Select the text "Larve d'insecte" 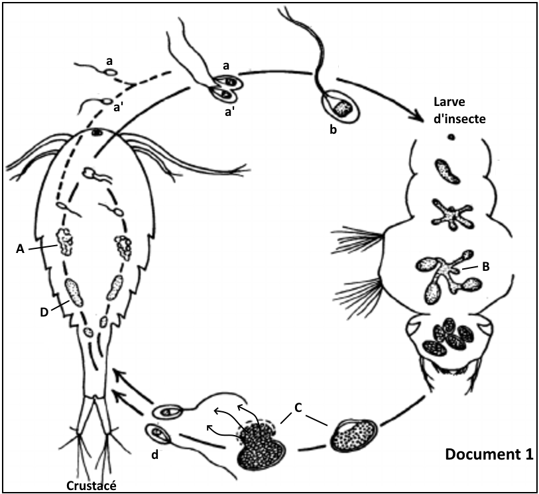[457, 110]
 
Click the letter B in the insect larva [485, 266]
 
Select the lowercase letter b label [333, 129]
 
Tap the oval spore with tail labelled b [342, 105]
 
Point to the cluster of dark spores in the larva [448, 336]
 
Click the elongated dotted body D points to [74, 292]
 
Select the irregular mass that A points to [65, 242]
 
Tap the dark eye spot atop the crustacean [97, 132]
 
